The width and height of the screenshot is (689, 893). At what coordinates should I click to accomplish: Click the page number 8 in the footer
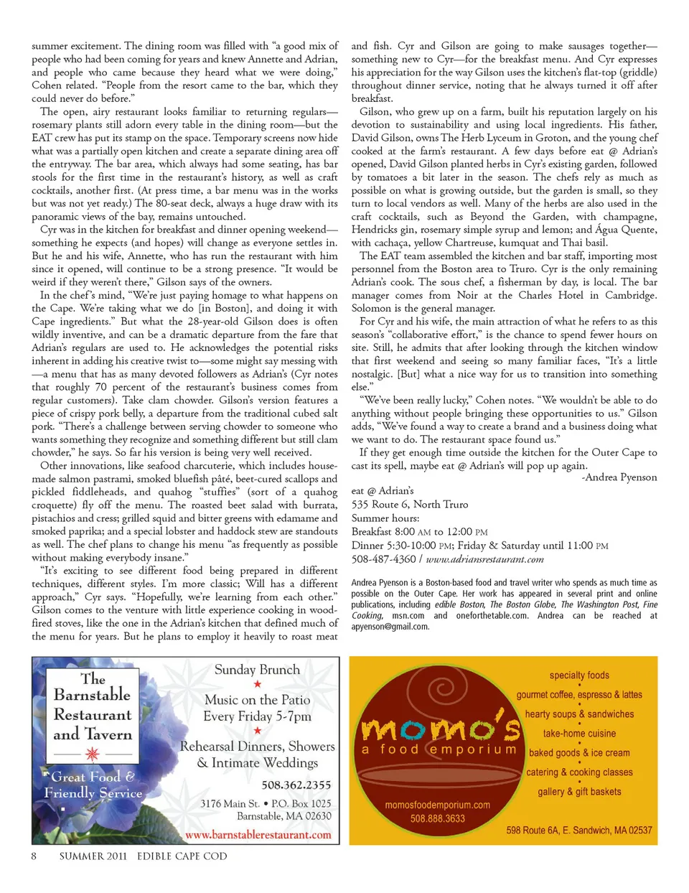[x=34, y=856]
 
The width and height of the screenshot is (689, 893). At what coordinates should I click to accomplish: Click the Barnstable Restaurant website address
[x=258, y=835]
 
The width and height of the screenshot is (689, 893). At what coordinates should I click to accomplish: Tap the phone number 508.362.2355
[x=296, y=785]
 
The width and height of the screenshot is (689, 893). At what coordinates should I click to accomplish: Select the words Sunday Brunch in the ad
[x=257, y=670]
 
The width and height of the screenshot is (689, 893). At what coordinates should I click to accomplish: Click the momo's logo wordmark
[x=440, y=729]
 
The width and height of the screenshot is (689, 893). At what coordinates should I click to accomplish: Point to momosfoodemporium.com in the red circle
[x=437, y=805]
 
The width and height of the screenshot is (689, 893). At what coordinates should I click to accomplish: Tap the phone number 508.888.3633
[x=437, y=818]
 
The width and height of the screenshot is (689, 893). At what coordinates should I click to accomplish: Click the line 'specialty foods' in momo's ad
[x=579, y=675]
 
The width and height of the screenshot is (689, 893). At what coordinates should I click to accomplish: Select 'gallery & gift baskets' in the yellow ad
[x=579, y=792]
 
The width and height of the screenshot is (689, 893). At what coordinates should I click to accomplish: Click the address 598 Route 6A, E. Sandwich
[x=578, y=830]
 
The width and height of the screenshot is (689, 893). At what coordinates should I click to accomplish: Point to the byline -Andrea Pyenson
[x=619, y=477]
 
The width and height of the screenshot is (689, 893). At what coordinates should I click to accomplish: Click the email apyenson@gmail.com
[x=390, y=627]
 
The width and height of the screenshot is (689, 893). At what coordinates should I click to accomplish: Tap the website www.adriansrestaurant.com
[x=484, y=559]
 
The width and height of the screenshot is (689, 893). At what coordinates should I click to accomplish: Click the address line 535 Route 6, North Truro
[x=409, y=505]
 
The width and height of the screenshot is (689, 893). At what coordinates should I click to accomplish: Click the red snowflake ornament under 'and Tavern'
[x=92, y=754]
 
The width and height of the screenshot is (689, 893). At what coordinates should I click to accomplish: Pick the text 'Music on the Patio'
[x=257, y=700]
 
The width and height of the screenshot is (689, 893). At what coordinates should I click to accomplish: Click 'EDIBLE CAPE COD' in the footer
[x=182, y=856]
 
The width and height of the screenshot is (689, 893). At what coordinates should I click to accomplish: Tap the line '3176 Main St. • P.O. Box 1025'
[x=266, y=803]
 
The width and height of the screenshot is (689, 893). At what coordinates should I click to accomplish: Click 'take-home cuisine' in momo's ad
[x=579, y=734]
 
